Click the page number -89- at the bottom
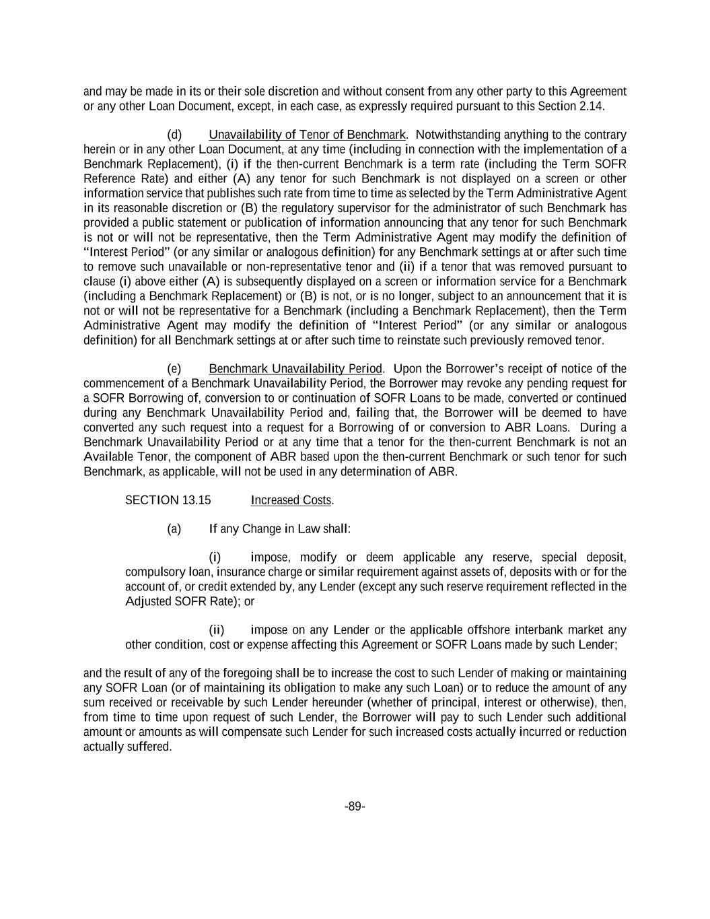[x=355, y=807]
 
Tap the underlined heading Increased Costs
[x=291, y=500]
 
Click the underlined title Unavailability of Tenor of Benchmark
[x=307, y=135]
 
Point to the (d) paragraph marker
[x=174, y=135]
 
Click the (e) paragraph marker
[x=174, y=369]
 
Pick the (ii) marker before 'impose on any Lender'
[x=217, y=630]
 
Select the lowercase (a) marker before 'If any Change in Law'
[x=174, y=529]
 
